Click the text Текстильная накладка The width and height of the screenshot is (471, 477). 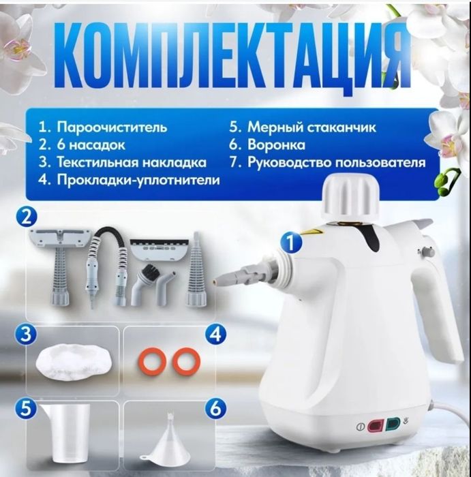[122, 163]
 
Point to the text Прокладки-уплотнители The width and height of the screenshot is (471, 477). [129, 181]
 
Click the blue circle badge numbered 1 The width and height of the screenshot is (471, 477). [292, 241]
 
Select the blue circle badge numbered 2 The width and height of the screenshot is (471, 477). [26, 218]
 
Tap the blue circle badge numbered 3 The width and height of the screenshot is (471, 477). [26, 335]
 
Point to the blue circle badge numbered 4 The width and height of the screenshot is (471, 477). [215, 335]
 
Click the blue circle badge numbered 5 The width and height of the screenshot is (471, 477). [26, 409]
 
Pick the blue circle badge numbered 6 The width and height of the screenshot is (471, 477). [215, 409]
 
